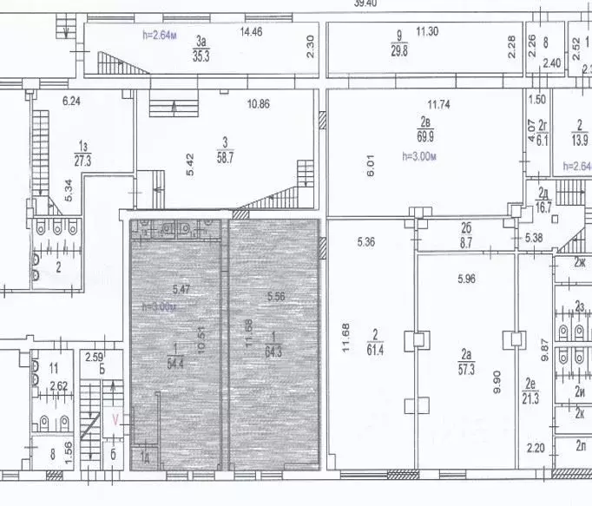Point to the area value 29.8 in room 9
(x=398, y=51)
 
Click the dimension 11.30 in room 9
(x=426, y=32)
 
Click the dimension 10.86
(x=259, y=103)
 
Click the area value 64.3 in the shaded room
(x=274, y=353)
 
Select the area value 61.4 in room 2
(x=377, y=349)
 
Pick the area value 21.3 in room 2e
(x=532, y=398)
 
